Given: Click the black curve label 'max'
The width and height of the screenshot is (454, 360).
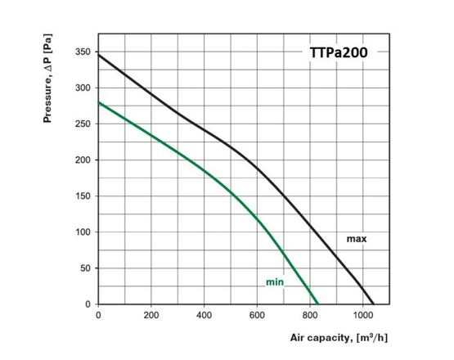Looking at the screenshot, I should [357, 239].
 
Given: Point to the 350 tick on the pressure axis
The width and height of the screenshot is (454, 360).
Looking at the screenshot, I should [83, 52].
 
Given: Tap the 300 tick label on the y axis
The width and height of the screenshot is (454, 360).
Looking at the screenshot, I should [83, 88].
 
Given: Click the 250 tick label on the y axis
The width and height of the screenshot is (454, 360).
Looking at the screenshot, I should [83, 124].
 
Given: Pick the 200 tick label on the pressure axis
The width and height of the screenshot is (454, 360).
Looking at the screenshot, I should [83, 160].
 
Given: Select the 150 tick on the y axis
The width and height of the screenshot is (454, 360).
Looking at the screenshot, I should [83, 196].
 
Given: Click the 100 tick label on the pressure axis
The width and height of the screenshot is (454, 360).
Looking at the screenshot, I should [83, 232].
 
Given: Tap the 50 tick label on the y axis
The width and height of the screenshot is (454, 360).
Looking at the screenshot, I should [85, 268].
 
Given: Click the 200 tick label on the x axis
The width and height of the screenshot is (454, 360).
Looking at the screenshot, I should [151, 314].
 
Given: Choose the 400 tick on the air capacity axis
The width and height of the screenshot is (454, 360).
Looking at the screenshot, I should [204, 314].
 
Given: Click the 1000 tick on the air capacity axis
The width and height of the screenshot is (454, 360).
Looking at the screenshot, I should [363, 314].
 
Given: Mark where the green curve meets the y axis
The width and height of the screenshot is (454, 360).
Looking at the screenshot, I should [98, 102].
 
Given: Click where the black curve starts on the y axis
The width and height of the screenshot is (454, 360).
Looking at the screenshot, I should [98, 54].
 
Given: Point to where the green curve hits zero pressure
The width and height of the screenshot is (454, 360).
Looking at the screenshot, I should [317, 304].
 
